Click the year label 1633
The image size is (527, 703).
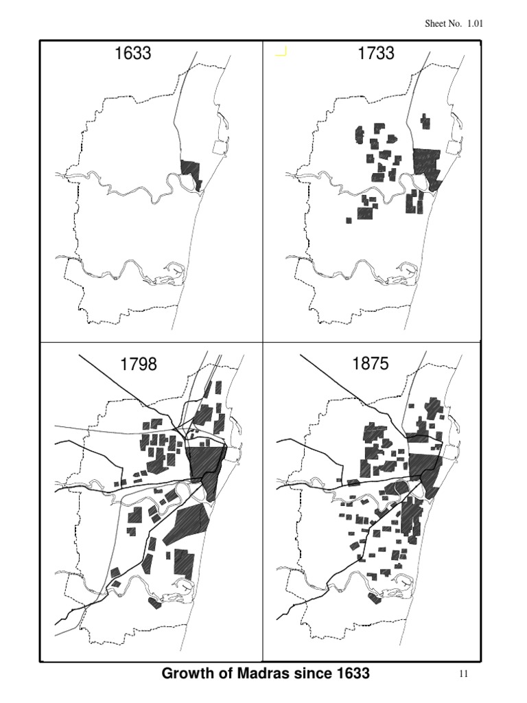click(x=133, y=53)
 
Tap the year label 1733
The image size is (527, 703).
click(x=376, y=53)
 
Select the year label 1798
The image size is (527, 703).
click(x=139, y=364)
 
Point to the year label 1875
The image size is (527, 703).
click(x=371, y=364)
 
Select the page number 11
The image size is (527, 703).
click(x=463, y=674)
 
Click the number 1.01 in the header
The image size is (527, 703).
click(x=476, y=23)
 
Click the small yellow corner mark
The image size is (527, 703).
click(x=281, y=51)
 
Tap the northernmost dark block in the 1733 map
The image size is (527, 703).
click(x=426, y=122)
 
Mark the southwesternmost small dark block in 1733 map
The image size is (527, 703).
click(x=349, y=220)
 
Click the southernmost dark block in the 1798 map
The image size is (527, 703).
click(x=154, y=603)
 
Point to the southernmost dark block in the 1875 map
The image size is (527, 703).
click(x=375, y=598)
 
